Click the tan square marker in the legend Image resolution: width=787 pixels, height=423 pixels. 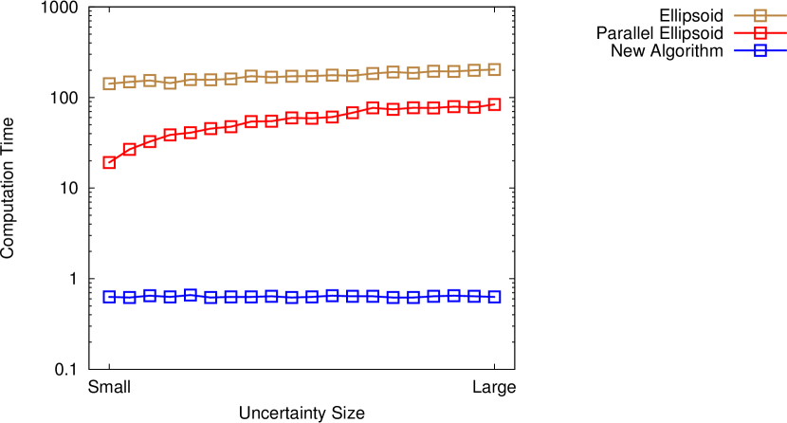coord(760,15)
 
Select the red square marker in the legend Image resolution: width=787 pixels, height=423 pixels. coord(760,33)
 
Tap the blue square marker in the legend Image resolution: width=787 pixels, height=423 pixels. coord(760,50)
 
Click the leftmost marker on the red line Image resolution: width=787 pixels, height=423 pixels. coord(109,162)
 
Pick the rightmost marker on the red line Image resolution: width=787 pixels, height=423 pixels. coord(494,104)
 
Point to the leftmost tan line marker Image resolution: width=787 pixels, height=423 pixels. coord(109,83)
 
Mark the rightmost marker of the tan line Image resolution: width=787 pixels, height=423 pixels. coord(494,69)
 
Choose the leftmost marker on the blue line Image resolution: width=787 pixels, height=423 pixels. coord(109,296)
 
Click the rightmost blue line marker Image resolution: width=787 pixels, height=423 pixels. coord(494,296)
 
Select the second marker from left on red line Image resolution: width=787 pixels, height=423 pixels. coord(129,149)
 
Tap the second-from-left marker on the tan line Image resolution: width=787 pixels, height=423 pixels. coord(129,82)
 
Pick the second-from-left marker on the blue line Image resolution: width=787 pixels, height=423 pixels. coord(129,297)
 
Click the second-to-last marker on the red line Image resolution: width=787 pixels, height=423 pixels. coord(474,107)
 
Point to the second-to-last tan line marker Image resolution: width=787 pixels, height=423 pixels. coord(474,70)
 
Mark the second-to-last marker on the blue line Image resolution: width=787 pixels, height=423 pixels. coord(474,296)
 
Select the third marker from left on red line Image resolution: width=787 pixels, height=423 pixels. coord(150,141)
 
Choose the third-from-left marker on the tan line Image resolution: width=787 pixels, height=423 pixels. coord(150,81)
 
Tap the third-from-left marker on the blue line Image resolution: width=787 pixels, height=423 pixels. coord(150,295)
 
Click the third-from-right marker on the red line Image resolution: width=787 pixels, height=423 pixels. coord(453,106)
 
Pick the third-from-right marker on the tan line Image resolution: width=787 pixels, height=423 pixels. coord(453,71)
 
